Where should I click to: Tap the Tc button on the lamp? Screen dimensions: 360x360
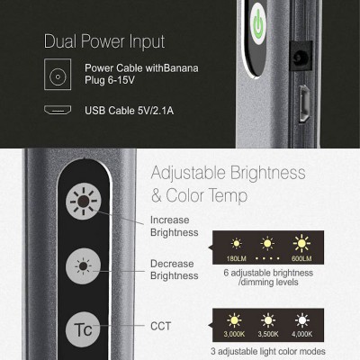[83, 329]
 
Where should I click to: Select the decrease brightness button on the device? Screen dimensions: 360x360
[83, 266]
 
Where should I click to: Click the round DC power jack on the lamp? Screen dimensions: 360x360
[301, 57]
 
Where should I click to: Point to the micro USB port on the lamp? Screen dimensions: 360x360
[304, 103]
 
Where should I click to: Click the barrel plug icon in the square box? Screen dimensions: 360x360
[58, 75]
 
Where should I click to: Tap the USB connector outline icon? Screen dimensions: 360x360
[58, 110]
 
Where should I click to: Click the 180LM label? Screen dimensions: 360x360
[237, 258]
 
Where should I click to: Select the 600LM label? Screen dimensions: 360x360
[301, 258]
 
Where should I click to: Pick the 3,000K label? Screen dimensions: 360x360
[234, 334]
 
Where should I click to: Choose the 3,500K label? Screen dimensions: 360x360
[268, 334]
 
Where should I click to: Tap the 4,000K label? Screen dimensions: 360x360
[302, 334]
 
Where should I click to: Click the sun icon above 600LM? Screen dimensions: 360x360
[301, 243]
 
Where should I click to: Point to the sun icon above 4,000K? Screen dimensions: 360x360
[302, 320]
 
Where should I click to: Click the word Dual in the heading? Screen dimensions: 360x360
[60, 41]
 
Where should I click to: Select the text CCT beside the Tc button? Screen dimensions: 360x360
[160, 326]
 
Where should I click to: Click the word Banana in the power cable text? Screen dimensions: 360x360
[181, 68]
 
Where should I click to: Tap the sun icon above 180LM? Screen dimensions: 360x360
[237, 243]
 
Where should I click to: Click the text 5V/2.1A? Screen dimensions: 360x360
[156, 111]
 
